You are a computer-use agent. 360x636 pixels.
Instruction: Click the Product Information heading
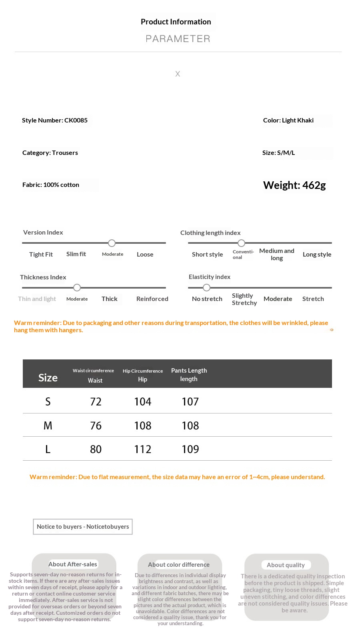176,22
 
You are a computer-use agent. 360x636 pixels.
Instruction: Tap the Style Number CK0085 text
55,120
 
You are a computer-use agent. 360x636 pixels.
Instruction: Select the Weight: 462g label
294,185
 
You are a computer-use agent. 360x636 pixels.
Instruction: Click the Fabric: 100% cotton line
51,185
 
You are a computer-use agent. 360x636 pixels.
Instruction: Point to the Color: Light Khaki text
288,120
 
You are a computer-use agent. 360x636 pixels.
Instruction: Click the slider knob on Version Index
112,243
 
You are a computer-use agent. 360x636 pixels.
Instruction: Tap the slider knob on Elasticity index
206,287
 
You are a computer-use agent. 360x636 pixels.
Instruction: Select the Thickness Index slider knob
77,287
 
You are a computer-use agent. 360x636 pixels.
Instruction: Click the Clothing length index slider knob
241,243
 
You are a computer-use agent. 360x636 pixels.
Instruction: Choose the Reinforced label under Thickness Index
152,299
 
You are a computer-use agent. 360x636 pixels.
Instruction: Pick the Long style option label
317,255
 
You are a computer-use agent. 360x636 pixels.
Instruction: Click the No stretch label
207,299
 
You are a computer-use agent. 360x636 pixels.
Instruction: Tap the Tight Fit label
41,255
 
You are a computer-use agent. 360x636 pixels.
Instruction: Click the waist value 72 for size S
96,401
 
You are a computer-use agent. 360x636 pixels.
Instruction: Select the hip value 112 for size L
142,449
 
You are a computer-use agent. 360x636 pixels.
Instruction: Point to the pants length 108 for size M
190,425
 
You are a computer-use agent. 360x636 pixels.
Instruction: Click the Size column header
48,377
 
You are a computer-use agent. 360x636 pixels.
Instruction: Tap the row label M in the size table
48,425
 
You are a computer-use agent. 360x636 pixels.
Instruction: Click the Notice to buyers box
83,527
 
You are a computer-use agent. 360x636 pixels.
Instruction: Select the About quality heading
286,565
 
